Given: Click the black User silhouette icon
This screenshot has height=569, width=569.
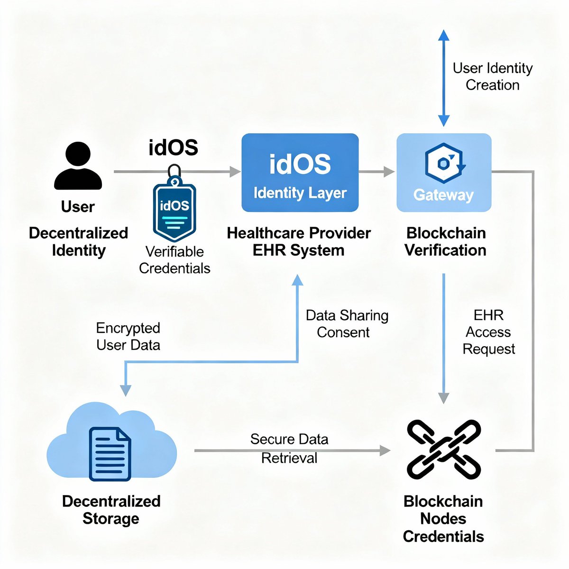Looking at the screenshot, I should coord(78,166).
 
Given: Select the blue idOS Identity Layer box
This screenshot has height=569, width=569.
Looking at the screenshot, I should coord(300,173).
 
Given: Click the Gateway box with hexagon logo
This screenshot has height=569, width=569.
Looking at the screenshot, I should coord(444,173).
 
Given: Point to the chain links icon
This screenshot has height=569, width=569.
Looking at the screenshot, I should coord(444,449).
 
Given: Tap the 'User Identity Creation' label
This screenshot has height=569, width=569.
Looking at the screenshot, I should coord(493,76).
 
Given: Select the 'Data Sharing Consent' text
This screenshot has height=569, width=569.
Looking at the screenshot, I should coord(347,324).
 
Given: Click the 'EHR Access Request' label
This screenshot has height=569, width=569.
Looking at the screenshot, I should coord(488,332).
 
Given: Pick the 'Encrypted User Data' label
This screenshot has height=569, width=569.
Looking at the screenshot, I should coord(128,336).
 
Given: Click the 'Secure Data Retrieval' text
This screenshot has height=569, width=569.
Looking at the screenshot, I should coord(289,449).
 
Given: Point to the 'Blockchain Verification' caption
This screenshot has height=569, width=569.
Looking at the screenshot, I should coord(445,241).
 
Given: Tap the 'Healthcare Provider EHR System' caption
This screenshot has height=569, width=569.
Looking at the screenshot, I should coord(299,241).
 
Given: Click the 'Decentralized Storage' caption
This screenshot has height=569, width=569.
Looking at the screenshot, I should coord(111,510).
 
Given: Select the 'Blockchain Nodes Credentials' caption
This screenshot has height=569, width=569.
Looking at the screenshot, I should coord(443,519).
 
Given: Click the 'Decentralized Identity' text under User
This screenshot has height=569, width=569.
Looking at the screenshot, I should coord(78,241).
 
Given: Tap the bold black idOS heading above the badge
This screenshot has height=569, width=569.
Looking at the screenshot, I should coord(173,147).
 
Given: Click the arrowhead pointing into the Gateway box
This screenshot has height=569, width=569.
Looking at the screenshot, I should coord(389,172).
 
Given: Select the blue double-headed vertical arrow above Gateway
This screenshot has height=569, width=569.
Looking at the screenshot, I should coord(443,78).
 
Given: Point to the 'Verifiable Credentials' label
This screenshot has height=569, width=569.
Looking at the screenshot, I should coord(174,260).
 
